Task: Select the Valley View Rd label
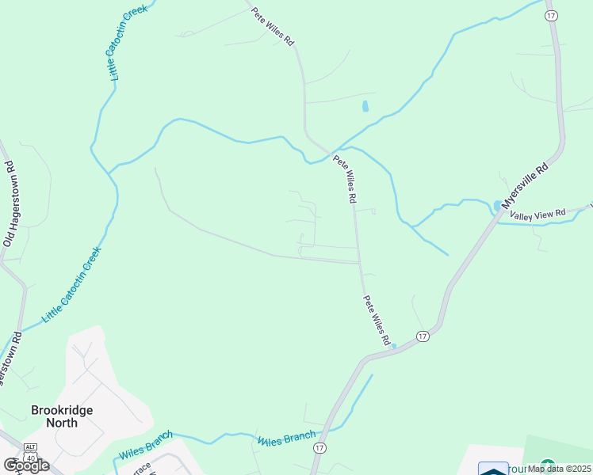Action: (x=537, y=215)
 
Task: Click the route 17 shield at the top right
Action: (x=551, y=16)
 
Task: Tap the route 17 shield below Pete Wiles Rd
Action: (x=423, y=336)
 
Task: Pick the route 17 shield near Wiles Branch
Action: (x=319, y=448)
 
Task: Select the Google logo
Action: (x=26, y=465)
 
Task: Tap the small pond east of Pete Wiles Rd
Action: (x=365, y=105)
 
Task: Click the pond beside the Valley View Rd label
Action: (x=497, y=206)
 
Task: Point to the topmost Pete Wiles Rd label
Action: (x=273, y=26)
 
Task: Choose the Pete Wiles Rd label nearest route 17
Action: (x=377, y=320)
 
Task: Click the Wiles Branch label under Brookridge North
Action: (x=146, y=445)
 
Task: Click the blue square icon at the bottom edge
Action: (x=493, y=469)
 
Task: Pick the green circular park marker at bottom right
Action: (x=547, y=465)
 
